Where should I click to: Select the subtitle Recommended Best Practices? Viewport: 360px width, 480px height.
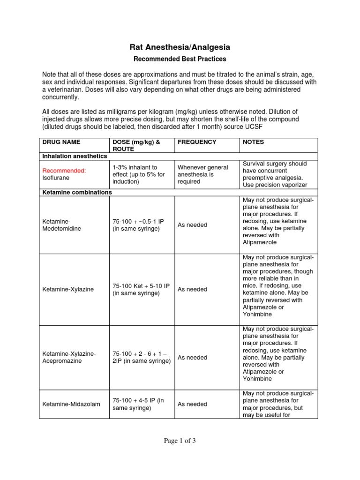tap(180, 59)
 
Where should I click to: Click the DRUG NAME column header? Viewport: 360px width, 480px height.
tap(61, 142)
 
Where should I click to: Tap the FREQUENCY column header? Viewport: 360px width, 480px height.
tap(197, 142)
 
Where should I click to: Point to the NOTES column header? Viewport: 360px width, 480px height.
tap(253, 142)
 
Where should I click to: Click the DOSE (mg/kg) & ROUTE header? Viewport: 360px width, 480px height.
tap(136, 145)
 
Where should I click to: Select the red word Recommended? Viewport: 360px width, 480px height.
tap(64, 171)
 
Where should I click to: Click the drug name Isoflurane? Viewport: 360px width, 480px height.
tap(56, 178)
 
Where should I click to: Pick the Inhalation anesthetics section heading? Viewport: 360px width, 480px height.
tap(75, 156)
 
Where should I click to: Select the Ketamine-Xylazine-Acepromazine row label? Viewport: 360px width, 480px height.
tap(68, 357)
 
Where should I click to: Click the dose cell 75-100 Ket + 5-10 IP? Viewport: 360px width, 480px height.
tap(139, 289)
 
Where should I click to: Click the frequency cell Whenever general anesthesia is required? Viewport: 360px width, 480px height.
tap(202, 174)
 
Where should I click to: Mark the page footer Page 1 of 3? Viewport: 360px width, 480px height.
tap(180, 440)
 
